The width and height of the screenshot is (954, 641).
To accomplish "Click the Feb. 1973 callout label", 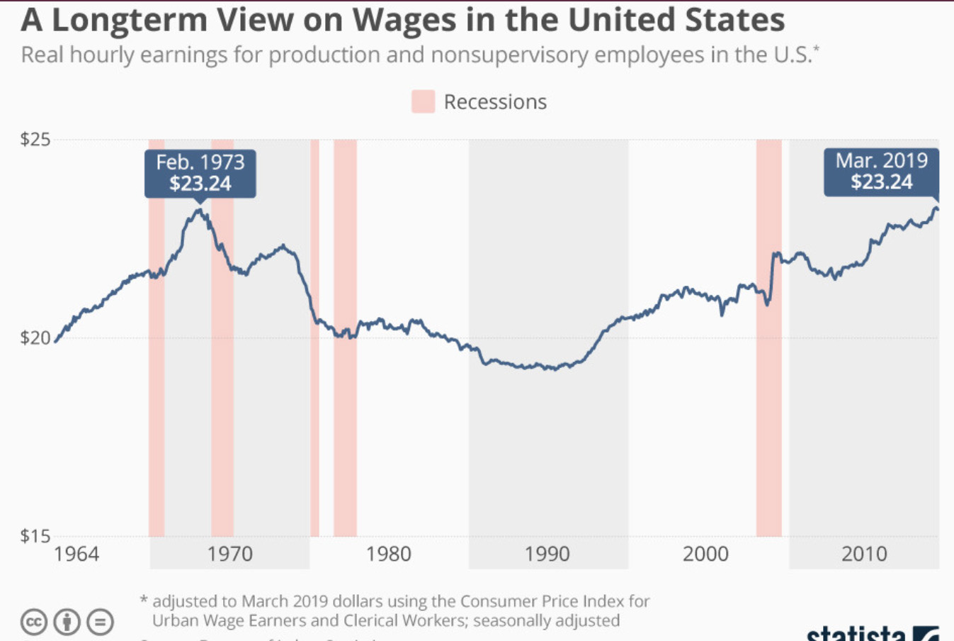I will click(200, 173).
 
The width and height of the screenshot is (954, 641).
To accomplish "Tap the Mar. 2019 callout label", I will click(881, 172).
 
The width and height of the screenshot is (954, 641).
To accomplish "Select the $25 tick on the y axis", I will click(35, 139).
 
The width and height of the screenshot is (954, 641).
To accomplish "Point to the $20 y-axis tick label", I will click(35, 338).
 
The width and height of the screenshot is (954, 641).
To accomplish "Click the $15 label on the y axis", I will click(35, 536).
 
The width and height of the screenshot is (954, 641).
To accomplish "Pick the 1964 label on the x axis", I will click(76, 554).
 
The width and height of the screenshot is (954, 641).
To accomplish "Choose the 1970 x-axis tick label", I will click(229, 554).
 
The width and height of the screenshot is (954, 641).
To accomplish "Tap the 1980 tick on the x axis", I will click(388, 554).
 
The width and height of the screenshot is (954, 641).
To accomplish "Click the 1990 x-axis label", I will click(547, 554).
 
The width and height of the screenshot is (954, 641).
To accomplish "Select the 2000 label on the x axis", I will click(705, 554).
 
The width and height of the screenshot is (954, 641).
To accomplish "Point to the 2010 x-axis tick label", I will click(864, 554).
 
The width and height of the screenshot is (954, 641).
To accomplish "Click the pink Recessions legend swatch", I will click(423, 102).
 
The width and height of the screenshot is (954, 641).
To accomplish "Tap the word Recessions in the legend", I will click(495, 102).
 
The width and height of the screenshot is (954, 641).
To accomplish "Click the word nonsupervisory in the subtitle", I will click(509, 55).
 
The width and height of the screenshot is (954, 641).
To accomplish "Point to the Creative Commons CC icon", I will click(34, 622).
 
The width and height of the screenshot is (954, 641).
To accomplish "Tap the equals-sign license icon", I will click(100, 622).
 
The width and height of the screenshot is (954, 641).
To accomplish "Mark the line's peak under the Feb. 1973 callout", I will click(200, 209).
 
